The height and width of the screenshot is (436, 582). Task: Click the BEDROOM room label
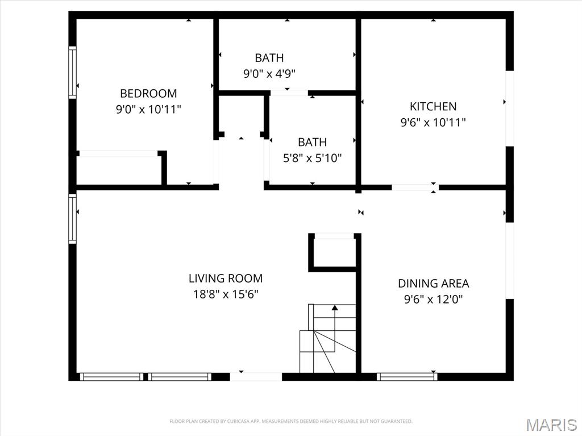pos(148,93)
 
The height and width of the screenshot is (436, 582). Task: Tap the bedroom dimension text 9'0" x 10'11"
pos(148,109)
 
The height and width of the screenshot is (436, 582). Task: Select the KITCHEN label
pos(433,106)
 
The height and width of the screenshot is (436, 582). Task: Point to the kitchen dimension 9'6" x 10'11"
pos(433,122)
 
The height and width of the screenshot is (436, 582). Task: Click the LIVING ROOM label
pos(226,279)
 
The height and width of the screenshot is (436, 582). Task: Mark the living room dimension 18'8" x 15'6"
pos(226,294)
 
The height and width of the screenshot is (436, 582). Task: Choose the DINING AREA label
pos(433,283)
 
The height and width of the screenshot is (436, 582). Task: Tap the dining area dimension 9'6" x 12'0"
pos(433,299)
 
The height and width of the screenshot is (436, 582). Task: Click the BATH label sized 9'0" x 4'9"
pos(269,58)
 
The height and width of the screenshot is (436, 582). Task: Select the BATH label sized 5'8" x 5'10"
pos(312,142)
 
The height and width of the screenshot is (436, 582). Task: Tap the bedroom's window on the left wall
pos(72,72)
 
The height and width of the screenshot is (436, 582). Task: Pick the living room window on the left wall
pos(72,219)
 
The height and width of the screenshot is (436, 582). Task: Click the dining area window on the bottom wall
pos(407,376)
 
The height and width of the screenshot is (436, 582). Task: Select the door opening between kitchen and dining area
pos(415,187)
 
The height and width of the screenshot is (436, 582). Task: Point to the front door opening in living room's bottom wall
pos(256,376)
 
